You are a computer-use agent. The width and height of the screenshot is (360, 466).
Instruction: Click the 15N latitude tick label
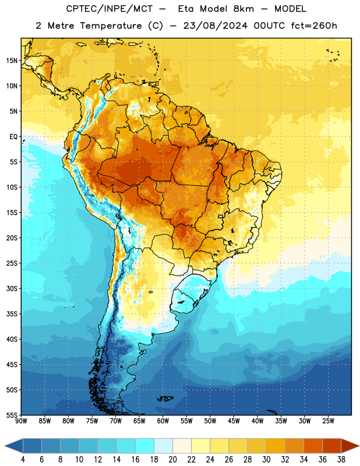[12, 61]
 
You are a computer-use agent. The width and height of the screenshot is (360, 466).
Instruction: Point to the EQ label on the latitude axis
[13, 137]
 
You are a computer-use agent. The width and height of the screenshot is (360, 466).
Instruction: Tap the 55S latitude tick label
[12, 415]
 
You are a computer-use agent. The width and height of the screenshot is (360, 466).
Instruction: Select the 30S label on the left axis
[12, 288]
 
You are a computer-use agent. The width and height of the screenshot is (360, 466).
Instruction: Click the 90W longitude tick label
[21, 421]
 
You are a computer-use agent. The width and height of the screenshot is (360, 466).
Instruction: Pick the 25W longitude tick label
[328, 421]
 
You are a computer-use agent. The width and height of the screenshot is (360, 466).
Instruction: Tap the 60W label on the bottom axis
[163, 421]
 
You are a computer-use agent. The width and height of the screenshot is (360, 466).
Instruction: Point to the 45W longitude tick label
[234, 421]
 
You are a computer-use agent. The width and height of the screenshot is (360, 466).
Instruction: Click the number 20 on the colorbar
[172, 460]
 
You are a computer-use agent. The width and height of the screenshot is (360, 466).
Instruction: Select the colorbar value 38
[341, 460]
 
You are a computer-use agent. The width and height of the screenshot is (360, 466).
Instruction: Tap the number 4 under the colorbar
[23, 460]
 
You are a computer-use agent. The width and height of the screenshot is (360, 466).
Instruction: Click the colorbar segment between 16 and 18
[145, 446]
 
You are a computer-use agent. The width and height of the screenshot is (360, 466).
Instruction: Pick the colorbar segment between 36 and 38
[332, 446]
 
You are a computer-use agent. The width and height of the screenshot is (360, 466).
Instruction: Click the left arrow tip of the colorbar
[5, 446]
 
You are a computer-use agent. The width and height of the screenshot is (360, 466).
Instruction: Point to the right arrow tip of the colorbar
[359, 446]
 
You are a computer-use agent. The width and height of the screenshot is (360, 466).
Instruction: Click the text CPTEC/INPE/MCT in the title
[110, 9]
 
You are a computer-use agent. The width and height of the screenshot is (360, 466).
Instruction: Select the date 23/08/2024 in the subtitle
[215, 26]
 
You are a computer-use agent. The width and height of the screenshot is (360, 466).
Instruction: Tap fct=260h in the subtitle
[314, 26]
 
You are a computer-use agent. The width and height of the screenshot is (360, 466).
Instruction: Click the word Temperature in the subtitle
[111, 26]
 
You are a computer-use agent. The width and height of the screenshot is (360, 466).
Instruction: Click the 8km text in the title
[243, 9]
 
